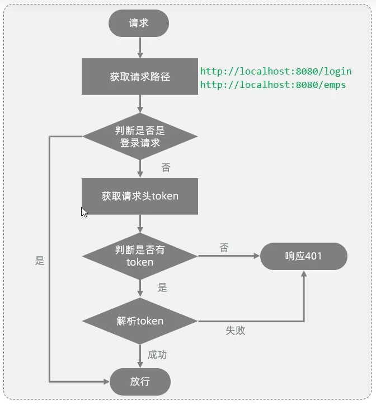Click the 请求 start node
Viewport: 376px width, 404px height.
[139, 23]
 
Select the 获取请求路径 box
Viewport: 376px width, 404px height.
[140, 76]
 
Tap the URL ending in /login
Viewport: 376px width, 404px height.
[276, 71]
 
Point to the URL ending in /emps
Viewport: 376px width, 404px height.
[273, 85]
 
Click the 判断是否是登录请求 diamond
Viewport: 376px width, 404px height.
[140, 136]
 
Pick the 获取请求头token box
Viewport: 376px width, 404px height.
[140, 196]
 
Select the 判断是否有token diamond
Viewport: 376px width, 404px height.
[140, 256]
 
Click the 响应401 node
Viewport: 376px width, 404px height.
[303, 257]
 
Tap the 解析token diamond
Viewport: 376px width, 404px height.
[140, 321]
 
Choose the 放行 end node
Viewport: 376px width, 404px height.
[140, 382]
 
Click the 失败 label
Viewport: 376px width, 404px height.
[236, 331]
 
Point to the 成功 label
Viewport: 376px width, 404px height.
[157, 355]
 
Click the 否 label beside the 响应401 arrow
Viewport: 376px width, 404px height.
[224, 248]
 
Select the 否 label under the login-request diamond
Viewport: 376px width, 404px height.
[166, 168]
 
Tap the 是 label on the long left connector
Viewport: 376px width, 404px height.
[40, 261]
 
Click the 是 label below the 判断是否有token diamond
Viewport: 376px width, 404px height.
[162, 288]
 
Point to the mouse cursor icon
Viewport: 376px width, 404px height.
[84, 212]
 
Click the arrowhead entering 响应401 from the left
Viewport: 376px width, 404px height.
[257, 257]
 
